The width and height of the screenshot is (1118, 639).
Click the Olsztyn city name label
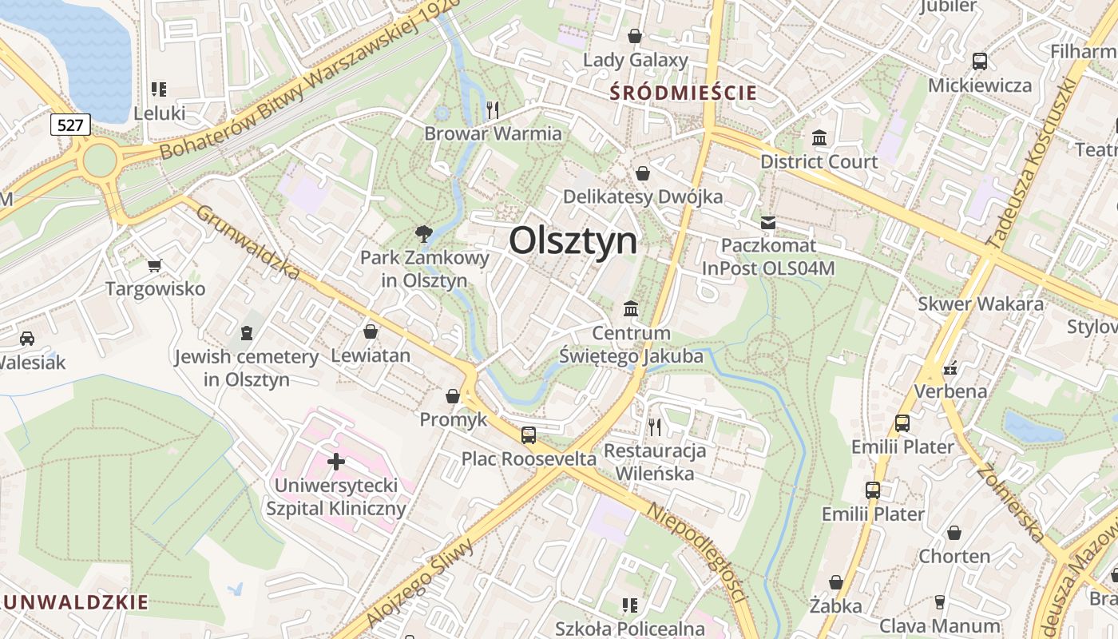(x=573, y=240)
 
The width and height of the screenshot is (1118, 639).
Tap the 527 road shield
(x=70, y=125)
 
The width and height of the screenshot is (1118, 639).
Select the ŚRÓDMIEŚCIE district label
(x=683, y=93)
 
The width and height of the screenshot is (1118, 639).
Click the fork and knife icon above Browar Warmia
(x=493, y=109)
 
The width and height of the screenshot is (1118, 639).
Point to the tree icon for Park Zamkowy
(x=423, y=233)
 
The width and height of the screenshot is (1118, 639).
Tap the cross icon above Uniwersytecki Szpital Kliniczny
(x=336, y=461)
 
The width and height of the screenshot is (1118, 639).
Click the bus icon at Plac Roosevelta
(x=529, y=435)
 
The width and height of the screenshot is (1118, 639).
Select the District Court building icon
(x=819, y=137)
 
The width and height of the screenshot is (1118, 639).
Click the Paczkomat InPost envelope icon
(x=768, y=222)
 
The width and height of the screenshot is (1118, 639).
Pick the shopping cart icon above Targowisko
(x=155, y=264)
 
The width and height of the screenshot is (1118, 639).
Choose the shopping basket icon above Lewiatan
(x=371, y=331)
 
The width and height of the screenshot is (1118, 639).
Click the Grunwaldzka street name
(x=248, y=243)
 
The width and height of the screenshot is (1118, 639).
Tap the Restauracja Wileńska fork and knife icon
(x=655, y=427)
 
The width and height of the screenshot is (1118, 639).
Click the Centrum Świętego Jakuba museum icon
(x=631, y=308)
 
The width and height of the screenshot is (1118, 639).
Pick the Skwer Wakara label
(x=980, y=304)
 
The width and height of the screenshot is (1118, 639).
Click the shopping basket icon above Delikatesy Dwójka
(x=643, y=173)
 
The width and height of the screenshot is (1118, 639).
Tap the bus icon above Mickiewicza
(x=980, y=61)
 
